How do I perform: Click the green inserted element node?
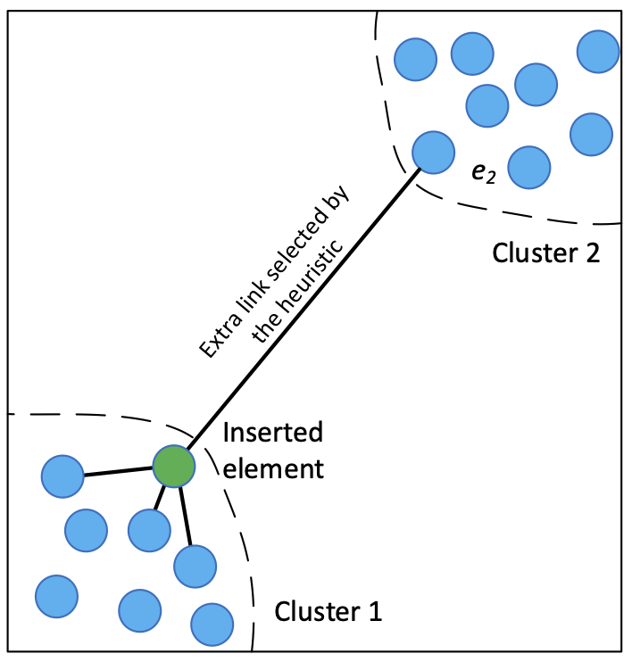174,467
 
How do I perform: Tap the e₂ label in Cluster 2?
484,173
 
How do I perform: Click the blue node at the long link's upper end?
434,153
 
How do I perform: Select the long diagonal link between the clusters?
304,309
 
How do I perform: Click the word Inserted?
273,433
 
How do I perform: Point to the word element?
273,468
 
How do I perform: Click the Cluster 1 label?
328,611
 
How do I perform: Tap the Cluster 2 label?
545,252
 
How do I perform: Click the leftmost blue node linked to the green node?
62,476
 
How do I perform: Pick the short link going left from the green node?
119,472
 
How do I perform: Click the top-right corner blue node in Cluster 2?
598,52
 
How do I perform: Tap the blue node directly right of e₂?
529,168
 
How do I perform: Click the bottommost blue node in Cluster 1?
212,625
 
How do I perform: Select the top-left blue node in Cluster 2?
416,60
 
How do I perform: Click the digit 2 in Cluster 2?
593,253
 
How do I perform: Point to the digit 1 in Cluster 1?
376,611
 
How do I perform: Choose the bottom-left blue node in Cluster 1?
56,596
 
